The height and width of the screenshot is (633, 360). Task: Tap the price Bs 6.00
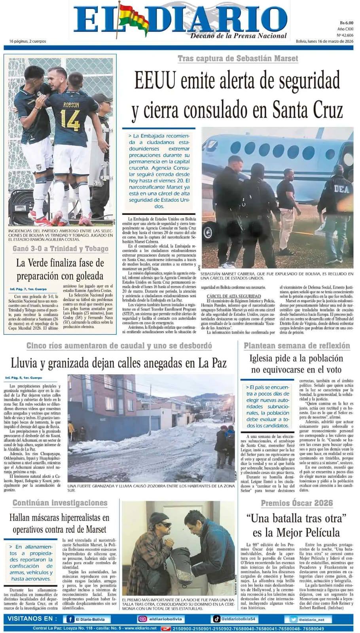(347, 23)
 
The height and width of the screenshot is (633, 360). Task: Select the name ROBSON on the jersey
(71, 105)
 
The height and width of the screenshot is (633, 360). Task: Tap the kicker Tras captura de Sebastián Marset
(238, 59)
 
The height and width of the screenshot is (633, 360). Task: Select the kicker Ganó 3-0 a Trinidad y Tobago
(61, 248)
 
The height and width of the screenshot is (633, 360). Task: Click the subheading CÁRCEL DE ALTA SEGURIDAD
(234, 296)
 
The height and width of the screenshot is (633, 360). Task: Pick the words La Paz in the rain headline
(213, 363)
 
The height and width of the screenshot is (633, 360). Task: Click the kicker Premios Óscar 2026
(297, 503)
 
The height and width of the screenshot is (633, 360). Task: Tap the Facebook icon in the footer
(70, 619)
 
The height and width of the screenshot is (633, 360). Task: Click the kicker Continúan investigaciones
(60, 503)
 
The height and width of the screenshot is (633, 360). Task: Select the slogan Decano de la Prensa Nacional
(239, 36)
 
